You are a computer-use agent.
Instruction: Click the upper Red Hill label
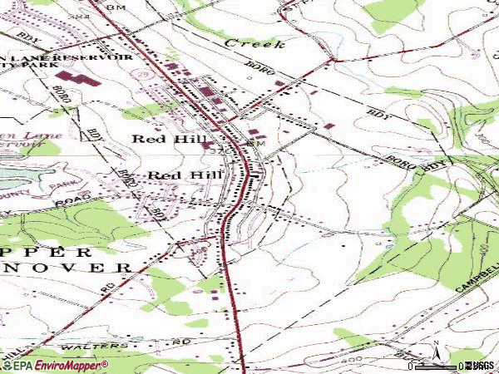click(163, 140)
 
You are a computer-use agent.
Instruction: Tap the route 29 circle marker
click(136, 76)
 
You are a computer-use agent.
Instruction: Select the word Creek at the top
click(254, 42)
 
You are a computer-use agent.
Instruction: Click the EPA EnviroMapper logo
click(55, 366)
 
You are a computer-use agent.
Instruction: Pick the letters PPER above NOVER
click(58, 250)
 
